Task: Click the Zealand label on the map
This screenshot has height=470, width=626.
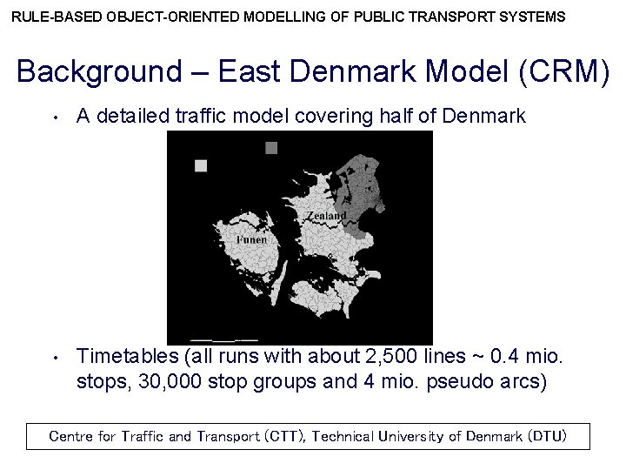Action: [326, 215]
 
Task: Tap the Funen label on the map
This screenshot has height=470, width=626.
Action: [251, 238]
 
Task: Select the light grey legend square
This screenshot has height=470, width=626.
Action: [201, 165]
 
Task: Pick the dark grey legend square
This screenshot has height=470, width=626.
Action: [271, 148]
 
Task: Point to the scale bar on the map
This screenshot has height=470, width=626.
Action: [223, 338]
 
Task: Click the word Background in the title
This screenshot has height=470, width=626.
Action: [96, 72]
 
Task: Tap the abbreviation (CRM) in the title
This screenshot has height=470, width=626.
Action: [564, 72]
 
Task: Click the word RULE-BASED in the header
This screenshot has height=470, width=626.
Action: [49, 17]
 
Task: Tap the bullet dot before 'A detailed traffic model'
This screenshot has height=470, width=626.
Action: [54, 117]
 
